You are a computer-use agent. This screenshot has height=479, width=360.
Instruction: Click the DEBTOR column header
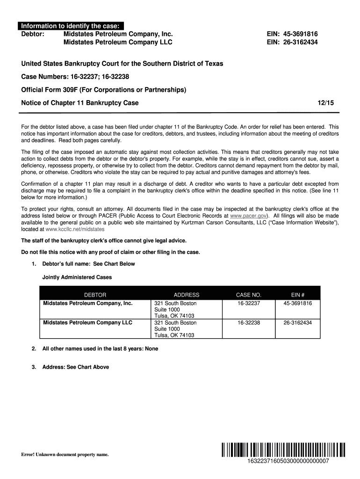[95, 295]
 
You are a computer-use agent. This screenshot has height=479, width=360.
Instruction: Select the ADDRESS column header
[186, 295]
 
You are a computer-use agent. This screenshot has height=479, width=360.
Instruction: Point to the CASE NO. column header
[248, 295]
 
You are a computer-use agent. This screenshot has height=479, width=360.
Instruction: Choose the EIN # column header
[297, 295]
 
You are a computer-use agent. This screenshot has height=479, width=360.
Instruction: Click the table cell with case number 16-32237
[248, 303]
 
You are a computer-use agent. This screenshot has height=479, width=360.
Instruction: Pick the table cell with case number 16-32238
[248, 323]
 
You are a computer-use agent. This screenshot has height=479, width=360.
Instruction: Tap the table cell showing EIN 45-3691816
[297, 303]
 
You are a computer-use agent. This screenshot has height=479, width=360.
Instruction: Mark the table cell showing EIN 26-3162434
[297, 323]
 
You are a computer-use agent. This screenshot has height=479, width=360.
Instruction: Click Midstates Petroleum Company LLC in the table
[87, 323]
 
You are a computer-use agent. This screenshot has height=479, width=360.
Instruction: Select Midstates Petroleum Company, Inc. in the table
[88, 303]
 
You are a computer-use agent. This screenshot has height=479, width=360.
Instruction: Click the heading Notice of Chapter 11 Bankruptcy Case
[80, 103]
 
